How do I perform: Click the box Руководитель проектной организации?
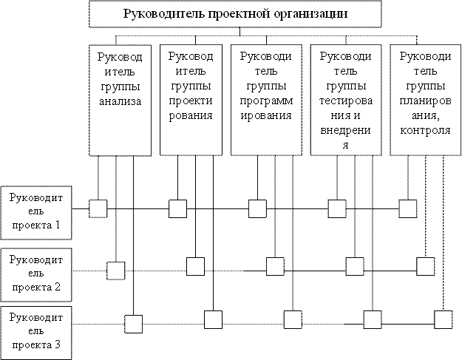235,14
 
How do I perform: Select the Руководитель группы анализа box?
120,100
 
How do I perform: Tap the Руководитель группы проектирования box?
191,100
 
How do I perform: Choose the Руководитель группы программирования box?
266,100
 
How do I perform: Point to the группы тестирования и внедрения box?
346,100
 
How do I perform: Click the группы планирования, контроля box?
426,100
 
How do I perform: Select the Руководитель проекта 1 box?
36,212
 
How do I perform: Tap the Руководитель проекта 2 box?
36,274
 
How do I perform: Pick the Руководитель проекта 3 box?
36,333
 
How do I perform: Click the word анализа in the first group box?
120,101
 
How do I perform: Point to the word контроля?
426,130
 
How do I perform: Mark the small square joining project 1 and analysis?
98,209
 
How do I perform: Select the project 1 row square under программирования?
257,209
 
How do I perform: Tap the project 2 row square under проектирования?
195,266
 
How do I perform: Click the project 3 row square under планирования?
443,319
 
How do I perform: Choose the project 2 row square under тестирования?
355,266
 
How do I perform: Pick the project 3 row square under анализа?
133,324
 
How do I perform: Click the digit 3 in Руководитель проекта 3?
57,344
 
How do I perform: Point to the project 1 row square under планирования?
408,209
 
